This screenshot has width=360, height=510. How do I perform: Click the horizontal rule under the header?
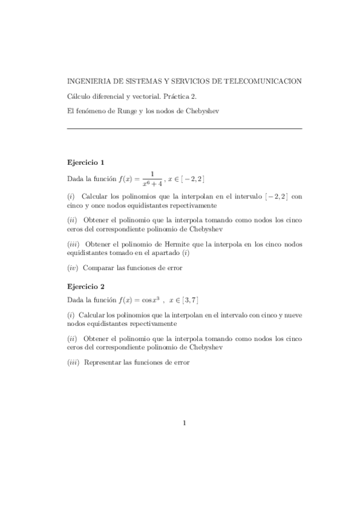pos(184,128)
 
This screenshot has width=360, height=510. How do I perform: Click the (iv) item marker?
pos(73,267)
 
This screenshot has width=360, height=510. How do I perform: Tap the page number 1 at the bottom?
pos(184,423)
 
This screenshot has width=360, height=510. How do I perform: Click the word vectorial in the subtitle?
pos(133,96)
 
